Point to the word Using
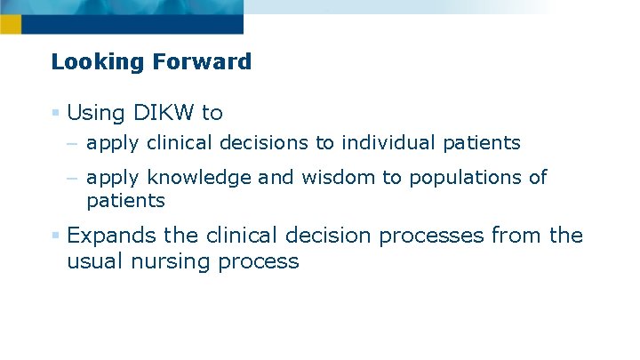pyautogui.click(x=95, y=113)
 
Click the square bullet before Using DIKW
pyautogui.click(x=55, y=113)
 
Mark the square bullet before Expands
pyautogui.click(x=55, y=236)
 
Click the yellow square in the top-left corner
pyautogui.click(x=10, y=24)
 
